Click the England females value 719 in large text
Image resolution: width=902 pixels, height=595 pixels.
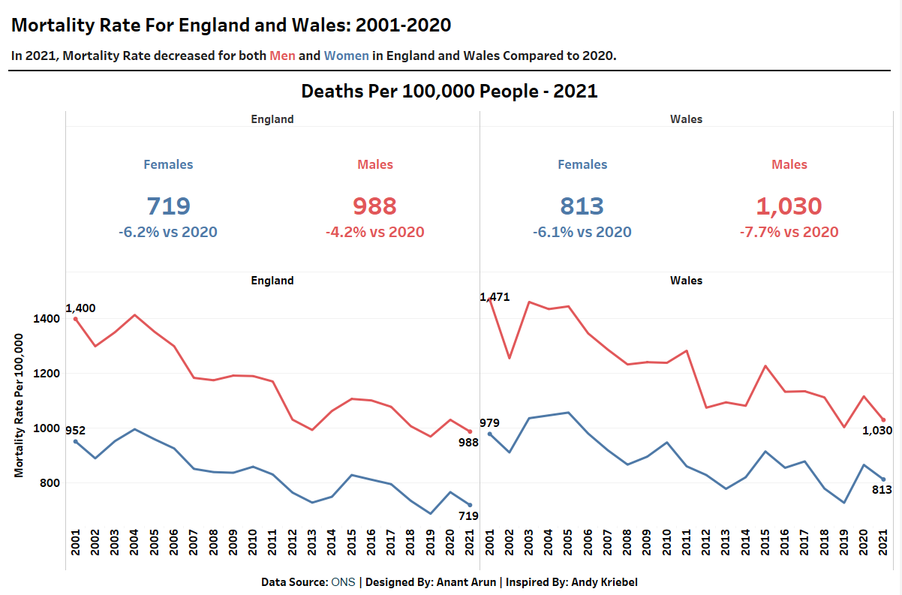[x=168, y=206]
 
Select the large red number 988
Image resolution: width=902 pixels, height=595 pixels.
[x=374, y=206]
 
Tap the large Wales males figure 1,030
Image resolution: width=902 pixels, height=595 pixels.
[x=789, y=206]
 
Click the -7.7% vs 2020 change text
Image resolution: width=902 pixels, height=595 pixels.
[x=789, y=233]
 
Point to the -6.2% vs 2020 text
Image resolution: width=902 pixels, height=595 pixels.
[x=168, y=233]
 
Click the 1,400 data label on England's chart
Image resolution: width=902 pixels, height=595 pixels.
[x=80, y=308]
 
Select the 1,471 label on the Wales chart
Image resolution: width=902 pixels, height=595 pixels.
[x=495, y=297]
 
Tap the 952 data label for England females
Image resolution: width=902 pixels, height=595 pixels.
[x=75, y=431]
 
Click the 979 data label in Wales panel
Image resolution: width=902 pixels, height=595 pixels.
[x=489, y=423]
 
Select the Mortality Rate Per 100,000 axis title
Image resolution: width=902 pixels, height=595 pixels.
[x=20, y=406]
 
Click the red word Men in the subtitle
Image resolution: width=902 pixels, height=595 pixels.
[x=283, y=56]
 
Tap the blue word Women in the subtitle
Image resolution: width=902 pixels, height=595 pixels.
[x=347, y=56]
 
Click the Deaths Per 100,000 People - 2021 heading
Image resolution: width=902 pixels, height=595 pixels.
[x=449, y=92]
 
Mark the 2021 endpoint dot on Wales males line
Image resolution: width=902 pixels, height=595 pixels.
[x=883, y=420]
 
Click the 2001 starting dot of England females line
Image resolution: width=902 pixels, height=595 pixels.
[x=76, y=441]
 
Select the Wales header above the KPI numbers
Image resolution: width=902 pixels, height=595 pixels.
[x=686, y=119]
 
